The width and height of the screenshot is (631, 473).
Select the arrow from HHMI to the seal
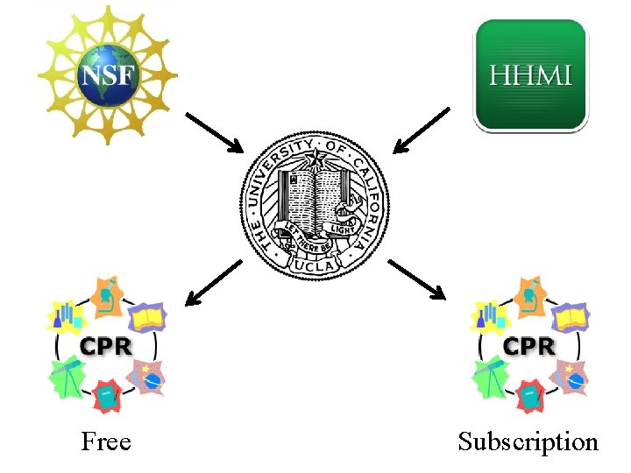421,131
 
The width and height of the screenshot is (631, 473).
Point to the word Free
106,441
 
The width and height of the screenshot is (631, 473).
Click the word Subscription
528,441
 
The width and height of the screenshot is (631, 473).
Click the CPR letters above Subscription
530,346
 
